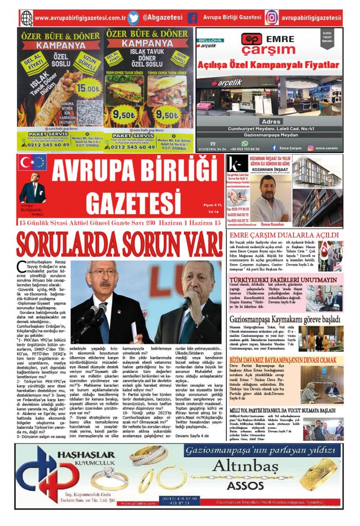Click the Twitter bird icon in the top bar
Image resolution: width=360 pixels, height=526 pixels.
[x=134, y=18]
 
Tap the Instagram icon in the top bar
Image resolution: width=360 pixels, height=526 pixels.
[x=271, y=18]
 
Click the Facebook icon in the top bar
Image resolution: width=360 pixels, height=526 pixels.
[x=193, y=18]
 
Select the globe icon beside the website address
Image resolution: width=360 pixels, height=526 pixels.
[x=27, y=18]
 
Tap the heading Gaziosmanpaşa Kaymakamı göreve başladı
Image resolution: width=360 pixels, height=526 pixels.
[x=285, y=320]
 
